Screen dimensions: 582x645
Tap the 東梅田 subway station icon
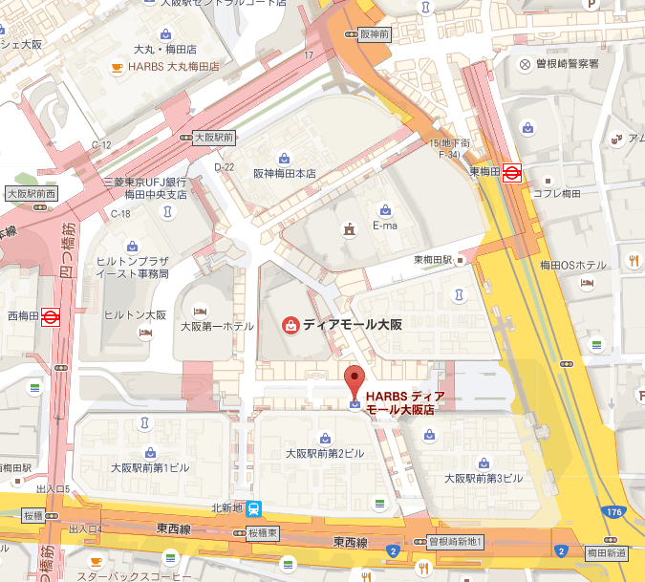(512, 173)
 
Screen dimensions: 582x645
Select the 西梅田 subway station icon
(51, 315)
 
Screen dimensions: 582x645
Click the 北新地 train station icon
(255, 509)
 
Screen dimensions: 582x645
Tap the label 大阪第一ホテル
(217, 326)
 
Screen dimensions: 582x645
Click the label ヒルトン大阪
(135, 314)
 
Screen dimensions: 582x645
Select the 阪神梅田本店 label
(284, 174)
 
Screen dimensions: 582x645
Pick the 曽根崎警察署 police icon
(525, 64)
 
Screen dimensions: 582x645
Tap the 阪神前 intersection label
(376, 33)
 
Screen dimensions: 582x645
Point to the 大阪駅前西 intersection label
(32, 192)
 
